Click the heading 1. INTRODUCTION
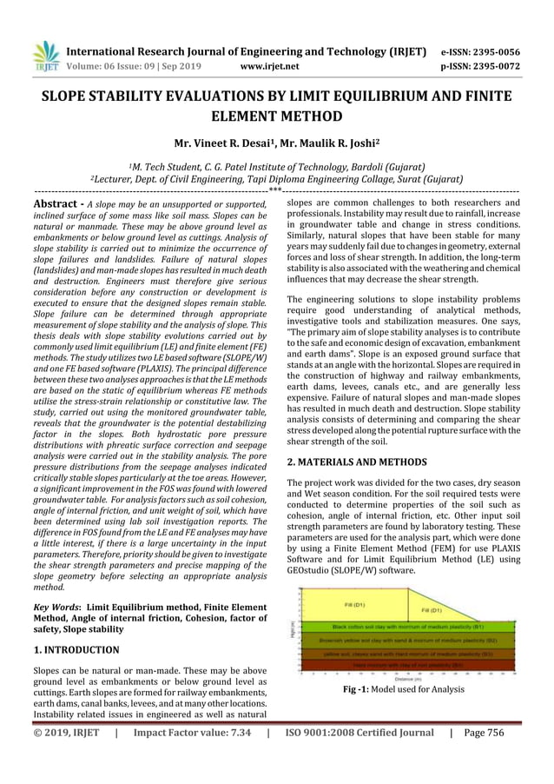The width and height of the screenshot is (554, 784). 76,648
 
